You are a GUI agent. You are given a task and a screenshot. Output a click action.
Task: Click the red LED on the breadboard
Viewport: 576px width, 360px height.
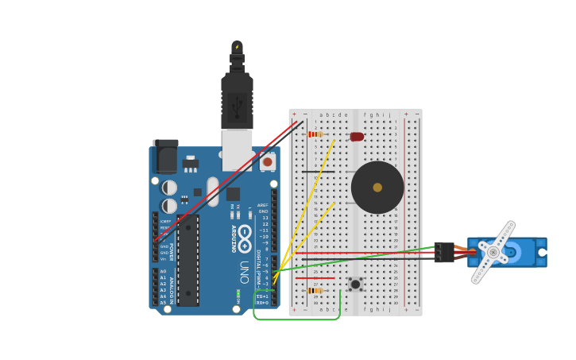tap(357, 137)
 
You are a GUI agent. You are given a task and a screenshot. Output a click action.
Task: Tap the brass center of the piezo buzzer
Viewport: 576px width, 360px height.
tap(377, 188)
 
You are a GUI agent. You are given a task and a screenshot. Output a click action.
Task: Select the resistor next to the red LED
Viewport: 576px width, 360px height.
tap(315, 134)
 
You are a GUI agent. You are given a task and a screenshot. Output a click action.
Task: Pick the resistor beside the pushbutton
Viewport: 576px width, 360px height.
tap(315, 291)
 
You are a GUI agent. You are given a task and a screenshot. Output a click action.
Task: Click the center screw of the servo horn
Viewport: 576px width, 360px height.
tap(493, 252)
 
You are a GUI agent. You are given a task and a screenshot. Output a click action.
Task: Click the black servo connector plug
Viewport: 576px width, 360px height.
tap(444, 252)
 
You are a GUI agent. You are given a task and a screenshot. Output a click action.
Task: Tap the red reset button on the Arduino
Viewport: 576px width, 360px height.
tap(267, 161)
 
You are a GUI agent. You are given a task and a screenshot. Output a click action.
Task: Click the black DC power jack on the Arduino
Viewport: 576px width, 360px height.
tap(165, 157)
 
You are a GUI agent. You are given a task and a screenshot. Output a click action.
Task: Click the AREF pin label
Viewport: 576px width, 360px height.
tap(263, 205)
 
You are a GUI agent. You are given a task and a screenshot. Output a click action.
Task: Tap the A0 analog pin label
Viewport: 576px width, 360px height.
tap(163, 272)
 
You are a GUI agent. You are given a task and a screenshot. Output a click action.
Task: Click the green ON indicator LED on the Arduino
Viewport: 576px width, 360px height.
tap(238, 294)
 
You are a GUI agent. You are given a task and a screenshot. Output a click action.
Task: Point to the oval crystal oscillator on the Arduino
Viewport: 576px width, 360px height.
tap(212, 191)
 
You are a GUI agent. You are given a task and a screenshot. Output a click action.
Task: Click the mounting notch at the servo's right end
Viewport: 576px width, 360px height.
tap(542, 252)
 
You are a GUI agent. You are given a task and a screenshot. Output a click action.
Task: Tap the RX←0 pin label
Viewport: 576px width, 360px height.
tap(262, 303)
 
